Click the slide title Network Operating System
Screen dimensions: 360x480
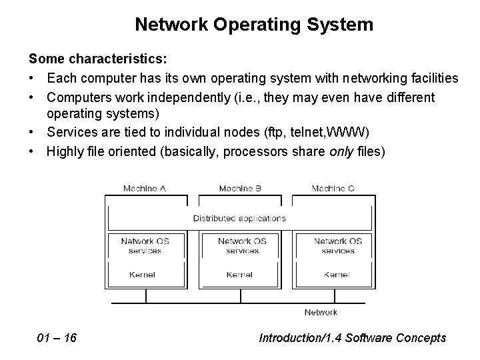(253, 25)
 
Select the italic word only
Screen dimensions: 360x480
(341, 151)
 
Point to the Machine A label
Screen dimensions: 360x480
(145, 188)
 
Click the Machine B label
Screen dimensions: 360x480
(240, 188)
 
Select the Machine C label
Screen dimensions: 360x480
(333, 188)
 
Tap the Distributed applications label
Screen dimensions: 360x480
(239, 218)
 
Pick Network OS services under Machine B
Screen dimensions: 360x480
(242, 246)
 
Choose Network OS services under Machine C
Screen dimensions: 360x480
(337, 246)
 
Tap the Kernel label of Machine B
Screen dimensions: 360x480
(239, 275)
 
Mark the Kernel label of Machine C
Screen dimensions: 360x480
(337, 275)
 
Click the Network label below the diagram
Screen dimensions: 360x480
(321, 312)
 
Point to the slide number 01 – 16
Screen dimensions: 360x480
(57, 338)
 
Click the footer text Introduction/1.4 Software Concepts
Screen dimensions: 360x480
(353, 338)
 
